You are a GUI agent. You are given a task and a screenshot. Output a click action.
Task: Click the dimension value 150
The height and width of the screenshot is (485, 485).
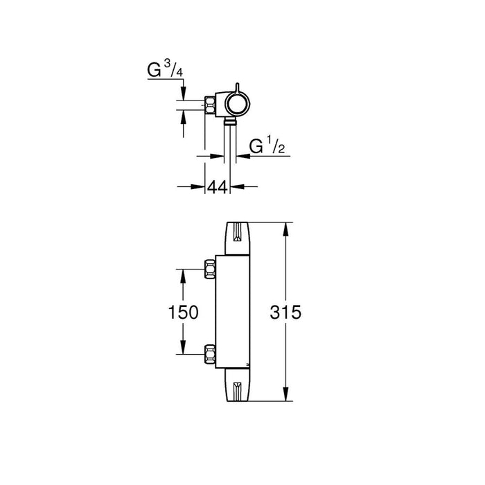click(184, 312)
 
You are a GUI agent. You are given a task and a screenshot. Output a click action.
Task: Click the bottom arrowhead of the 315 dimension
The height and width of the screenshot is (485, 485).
click(285, 396)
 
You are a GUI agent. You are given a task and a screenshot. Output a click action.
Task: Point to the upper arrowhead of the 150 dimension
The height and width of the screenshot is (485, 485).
click(183, 273)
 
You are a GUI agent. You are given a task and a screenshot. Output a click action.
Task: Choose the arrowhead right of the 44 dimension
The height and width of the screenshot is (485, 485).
click(236, 186)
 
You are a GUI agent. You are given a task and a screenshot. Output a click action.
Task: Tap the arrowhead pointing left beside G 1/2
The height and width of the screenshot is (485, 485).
click(240, 157)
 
